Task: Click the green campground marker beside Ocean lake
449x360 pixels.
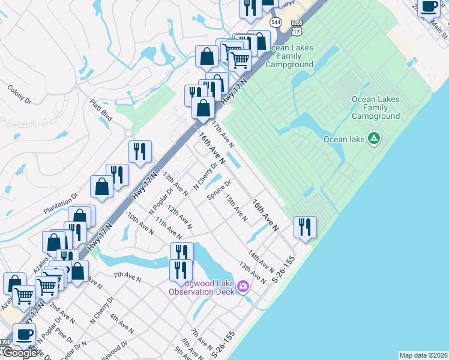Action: tap(374, 139)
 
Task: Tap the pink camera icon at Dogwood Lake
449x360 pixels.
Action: tap(243, 286)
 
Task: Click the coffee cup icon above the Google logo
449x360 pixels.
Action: tap(25, 334)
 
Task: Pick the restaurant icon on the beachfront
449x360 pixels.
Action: tap(305, 227)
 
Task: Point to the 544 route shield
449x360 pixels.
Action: tap(276, 22)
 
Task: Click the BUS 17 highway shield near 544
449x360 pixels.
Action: tap(297, 26)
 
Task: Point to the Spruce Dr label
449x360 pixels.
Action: tap(218, 191)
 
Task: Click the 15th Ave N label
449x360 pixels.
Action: tap(236, 208)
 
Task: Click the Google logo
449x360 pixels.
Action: tap(20, 353)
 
